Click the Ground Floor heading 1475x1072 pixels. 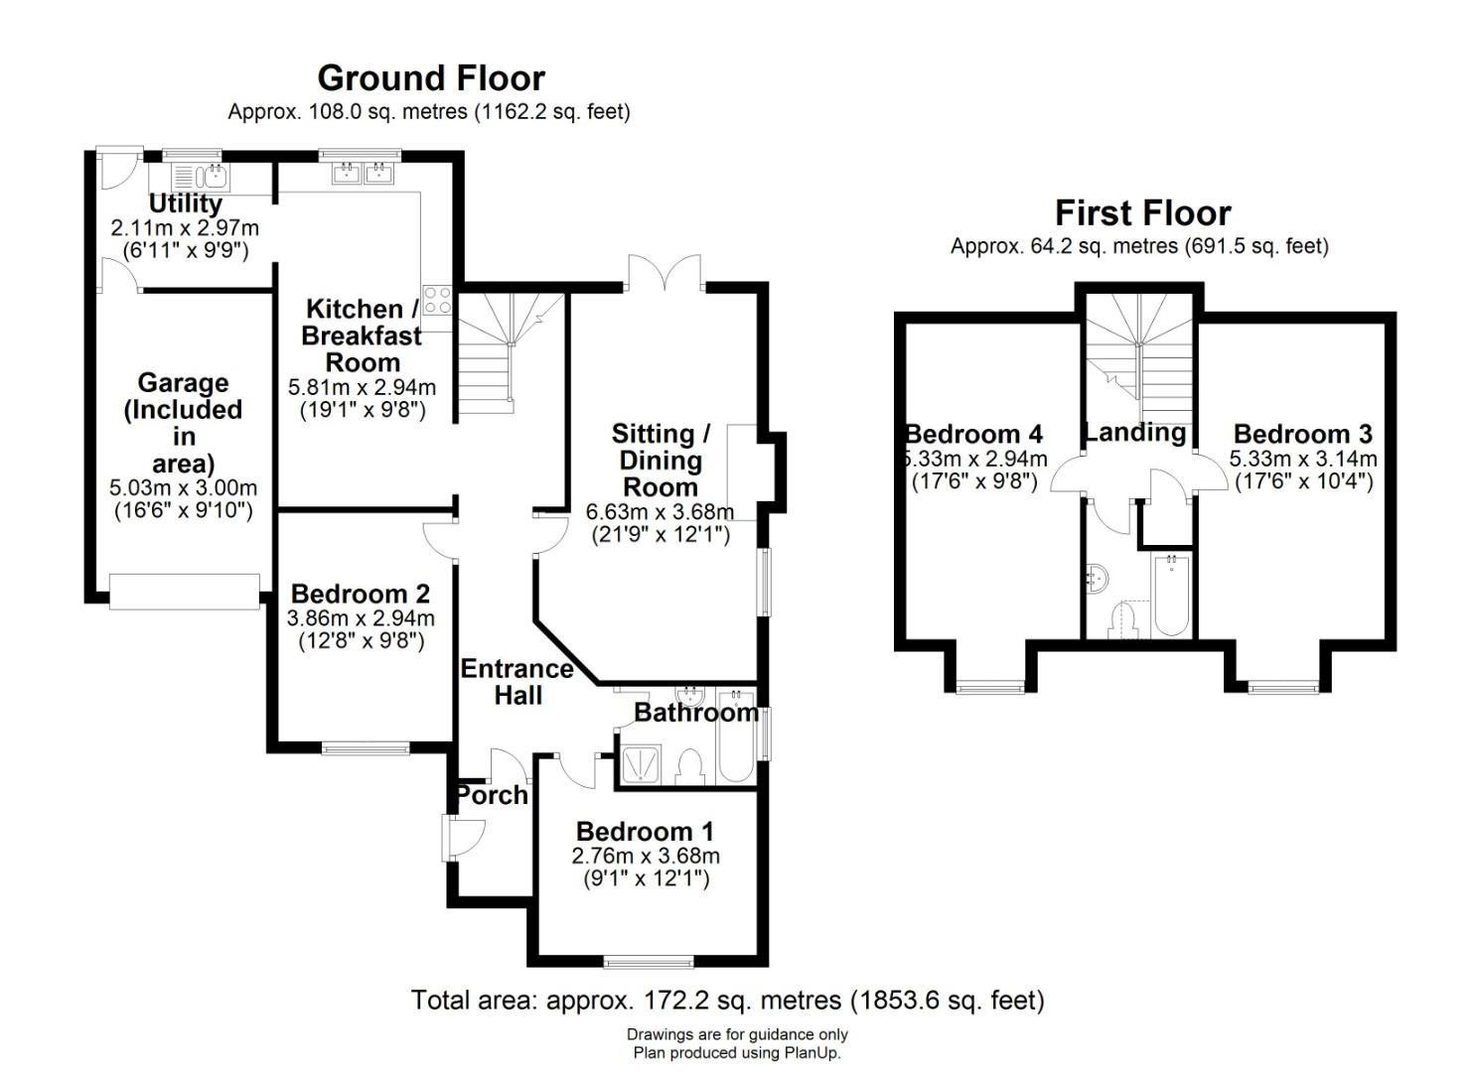tap(431, 78)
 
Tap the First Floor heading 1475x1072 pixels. tap(1143, 213)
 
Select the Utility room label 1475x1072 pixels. tap(185, 204)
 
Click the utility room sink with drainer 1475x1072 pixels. tap(200, 177)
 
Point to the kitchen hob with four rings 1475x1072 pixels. tap(438, 300)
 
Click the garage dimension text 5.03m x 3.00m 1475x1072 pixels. tap(183, 487)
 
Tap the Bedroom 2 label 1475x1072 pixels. tap(361, 594)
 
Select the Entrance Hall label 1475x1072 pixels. tap(517, 682)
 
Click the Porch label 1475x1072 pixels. tap(492, 795)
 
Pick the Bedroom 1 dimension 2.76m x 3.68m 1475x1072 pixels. tap(646, 857)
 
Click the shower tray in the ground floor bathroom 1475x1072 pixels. tap(640, 764)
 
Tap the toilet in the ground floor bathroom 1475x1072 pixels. tap(689, 766)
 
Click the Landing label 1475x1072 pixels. tap(1135, 433)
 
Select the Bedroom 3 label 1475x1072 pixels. tap(1302, 434)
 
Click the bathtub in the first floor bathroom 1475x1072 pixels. tap(1172, 595)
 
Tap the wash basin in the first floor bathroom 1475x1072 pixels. tap(1098, 579)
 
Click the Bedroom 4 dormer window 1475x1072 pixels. tap(990, 688)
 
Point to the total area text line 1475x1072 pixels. tap(728, 1001)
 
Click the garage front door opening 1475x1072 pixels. tap(185, 592)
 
